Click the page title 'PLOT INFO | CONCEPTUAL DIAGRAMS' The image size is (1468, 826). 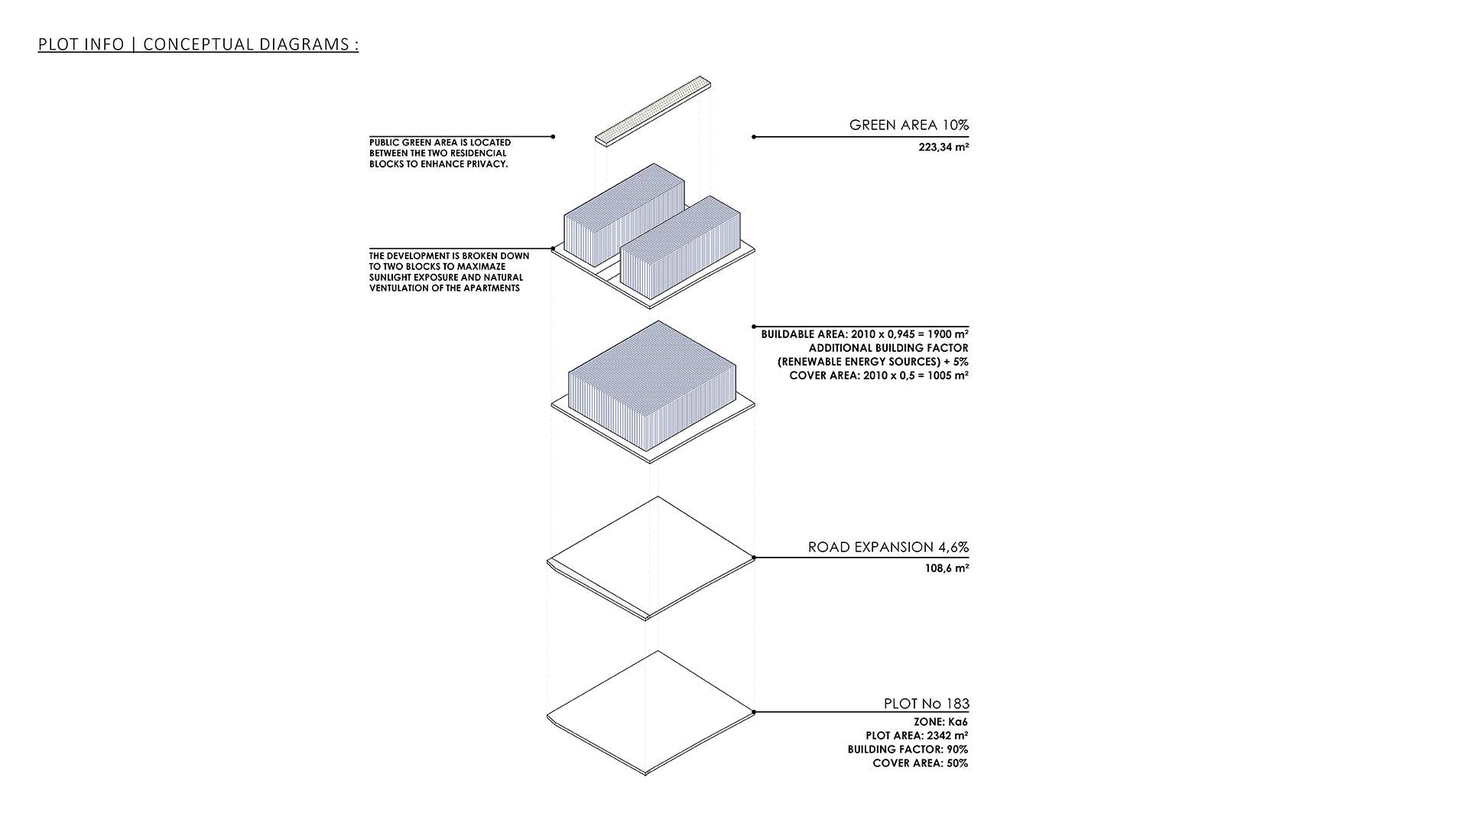(x=198, y=44)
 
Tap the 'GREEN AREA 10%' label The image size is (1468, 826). (x=909, y=125)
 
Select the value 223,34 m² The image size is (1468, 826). (x=943, y=147)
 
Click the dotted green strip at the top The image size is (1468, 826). (x=653, y=109)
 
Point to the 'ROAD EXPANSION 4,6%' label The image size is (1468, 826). (x=888, y=547)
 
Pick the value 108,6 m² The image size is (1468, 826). (x=947, y=568)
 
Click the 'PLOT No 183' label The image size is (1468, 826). (x=927, y=704)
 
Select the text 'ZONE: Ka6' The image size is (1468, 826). (x=940, y=722)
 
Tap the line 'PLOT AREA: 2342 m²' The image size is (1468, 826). (x=917, y=736)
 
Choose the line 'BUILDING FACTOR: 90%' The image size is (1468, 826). (x=908, y=750)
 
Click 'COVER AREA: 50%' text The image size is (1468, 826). (x=920, y=763)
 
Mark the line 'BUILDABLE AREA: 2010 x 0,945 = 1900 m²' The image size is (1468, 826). (x=865, y=334)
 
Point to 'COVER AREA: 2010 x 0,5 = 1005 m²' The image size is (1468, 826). (x=879, y=376)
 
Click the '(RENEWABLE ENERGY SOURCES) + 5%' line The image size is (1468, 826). (x=873, y=362)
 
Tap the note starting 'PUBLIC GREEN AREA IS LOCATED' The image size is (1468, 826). (x=440, y=153)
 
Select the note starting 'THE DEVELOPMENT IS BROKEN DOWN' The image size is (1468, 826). (x=450, y=272)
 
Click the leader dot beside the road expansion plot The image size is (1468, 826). (x=754, y=558)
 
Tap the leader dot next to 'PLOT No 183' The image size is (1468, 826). (x=754, y=712)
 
